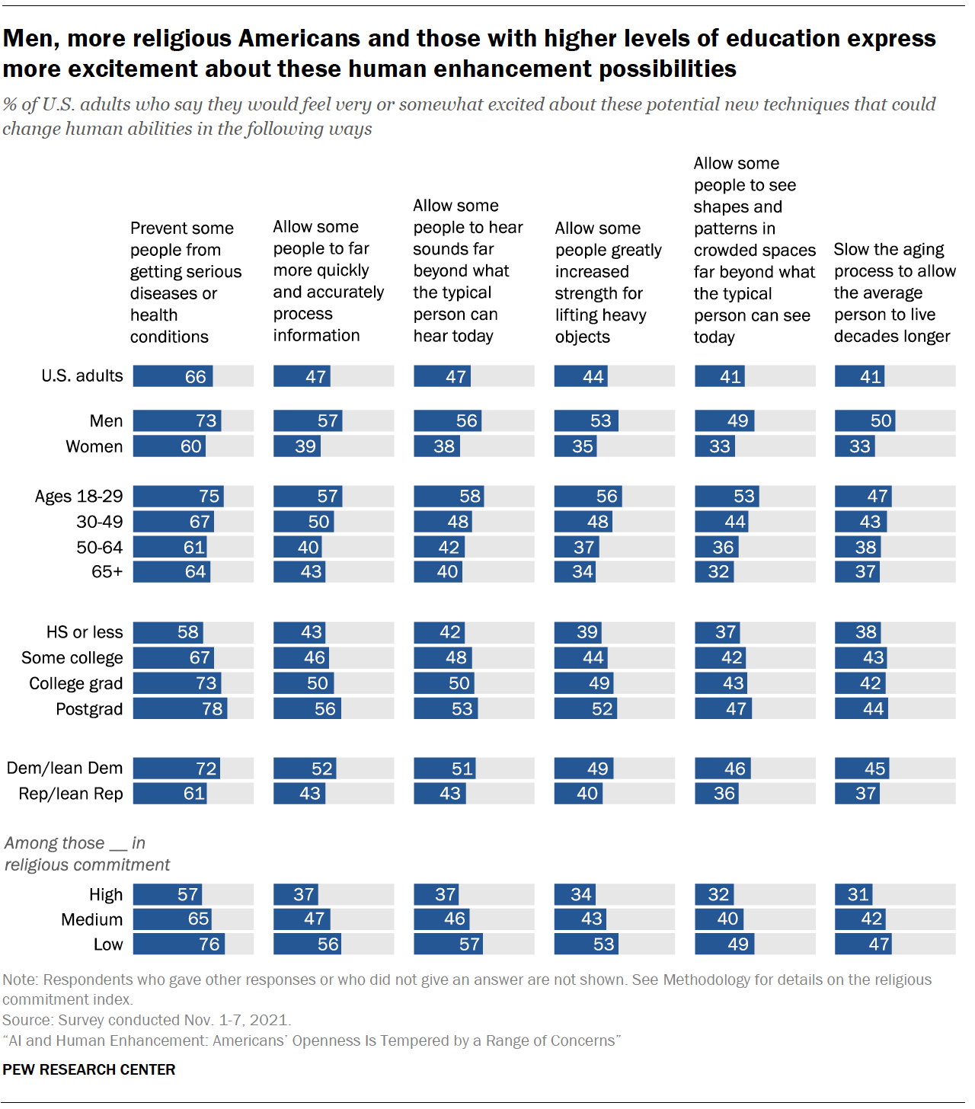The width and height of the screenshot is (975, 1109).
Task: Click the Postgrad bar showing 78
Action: tap(181, 708)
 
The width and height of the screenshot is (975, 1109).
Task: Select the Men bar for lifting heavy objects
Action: tap(586, 420)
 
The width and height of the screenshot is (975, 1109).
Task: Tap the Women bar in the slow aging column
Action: tap(855, 446)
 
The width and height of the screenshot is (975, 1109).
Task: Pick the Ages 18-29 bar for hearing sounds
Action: tap(449, 496)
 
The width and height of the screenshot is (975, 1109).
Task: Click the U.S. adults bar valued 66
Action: tap(173, 376)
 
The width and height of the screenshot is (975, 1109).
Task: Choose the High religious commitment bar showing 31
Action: tap(854, 894)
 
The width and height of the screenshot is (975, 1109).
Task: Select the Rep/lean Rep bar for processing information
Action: tap(299, 794)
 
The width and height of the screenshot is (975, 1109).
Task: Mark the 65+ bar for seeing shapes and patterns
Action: tap(714, 571)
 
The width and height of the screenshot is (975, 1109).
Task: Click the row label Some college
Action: tap(72, 658)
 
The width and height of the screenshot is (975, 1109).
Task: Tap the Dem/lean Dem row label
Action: tap(65, 768)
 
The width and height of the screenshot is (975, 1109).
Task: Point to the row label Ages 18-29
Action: tap(78, 497)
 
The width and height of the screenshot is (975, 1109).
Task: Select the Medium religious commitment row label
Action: tap(92, 919)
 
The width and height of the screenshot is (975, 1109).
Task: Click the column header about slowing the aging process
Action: tap(894, 292)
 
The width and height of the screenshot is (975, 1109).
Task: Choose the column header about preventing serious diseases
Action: tap(186, 282)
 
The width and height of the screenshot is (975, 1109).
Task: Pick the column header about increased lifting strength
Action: tap(608, 282)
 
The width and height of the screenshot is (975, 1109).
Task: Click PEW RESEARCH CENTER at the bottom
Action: tap(89, 1069)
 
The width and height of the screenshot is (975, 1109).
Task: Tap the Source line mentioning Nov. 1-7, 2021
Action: tap(146, 1020)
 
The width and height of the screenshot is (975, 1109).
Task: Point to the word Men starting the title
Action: tap(30, 39)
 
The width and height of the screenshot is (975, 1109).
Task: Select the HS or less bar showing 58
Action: tap(168, 632)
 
